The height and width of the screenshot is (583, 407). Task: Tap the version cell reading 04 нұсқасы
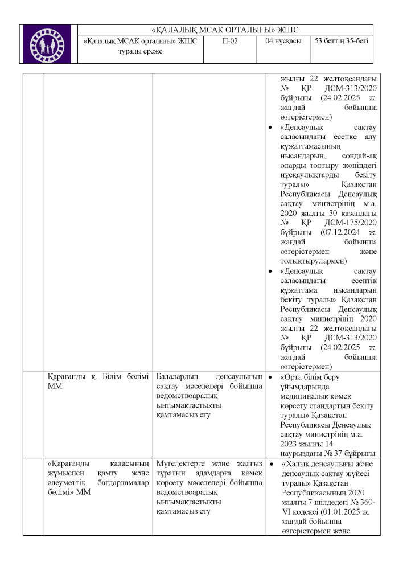coord(283,42)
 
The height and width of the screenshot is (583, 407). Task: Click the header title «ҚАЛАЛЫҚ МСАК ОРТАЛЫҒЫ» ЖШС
coord(226,30)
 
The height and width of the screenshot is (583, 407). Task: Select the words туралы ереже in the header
coord(140,51)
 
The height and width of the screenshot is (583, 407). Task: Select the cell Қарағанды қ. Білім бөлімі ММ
coord(97,381)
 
